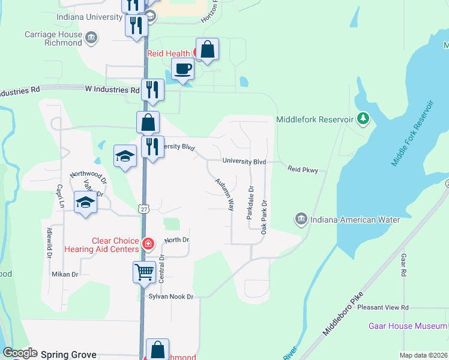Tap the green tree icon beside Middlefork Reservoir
tap(363, 119)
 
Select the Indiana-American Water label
tap(355, 220)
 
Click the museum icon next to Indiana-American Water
tap(301, 220)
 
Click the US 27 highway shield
tap(143, 208)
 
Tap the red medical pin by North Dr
tap(148, 244)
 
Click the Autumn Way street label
tap(224, 192)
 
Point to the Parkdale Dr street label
tap(250, 202)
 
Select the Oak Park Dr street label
tap(264, 217)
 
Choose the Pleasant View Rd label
tap(382, 307)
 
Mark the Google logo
tap(20, 353)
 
